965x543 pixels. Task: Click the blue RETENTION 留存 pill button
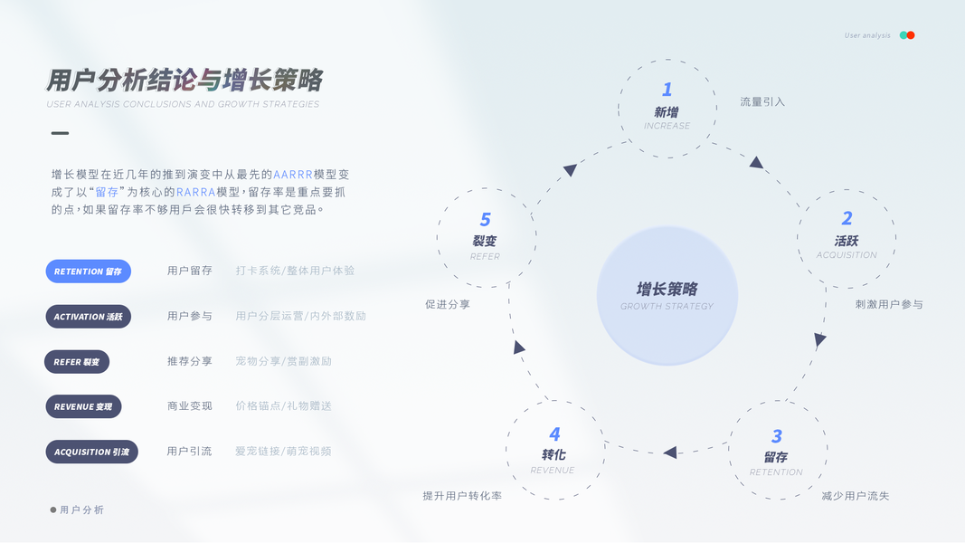pos(88,271)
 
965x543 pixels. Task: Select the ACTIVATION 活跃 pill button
pos(88,317)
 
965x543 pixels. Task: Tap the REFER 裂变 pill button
pos(77,362)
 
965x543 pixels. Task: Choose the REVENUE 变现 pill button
pos(83,406)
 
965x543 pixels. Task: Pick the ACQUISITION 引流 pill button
pos(91,452)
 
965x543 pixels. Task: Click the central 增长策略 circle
pos(667,295)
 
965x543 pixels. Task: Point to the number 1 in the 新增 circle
pos(667,90)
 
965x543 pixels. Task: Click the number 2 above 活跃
pos(847,218)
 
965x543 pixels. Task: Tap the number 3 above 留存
pos(777,437)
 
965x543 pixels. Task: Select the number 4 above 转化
pos(554,434)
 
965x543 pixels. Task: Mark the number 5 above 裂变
pos(486,220)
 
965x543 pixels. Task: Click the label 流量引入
pos(762,102)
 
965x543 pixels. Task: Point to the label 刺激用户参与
pos(889,304)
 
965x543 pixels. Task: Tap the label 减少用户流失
pos(855,496)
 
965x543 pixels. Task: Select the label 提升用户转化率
pos(462,496)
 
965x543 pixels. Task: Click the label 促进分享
pos(448,305)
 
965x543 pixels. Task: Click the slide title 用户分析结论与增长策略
pos(184,81)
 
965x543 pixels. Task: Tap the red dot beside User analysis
pos(911,35)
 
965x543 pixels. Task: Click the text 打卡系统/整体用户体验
pos(295,271)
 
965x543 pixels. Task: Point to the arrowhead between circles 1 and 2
pos(756,163)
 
